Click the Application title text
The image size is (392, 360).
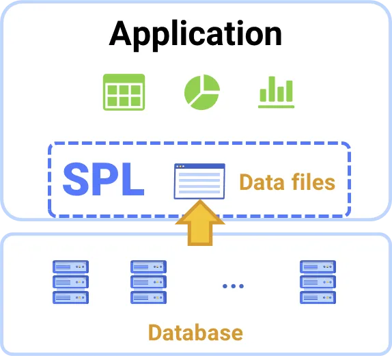[195, 35]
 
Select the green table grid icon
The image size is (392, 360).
[124, 92]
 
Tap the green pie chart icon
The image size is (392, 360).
[202, 92]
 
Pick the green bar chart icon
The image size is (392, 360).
[277, 92]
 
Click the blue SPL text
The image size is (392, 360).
[104, 179]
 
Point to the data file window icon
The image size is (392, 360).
[199, 181]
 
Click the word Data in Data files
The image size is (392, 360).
[262, 182]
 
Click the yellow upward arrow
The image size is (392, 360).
[200, 223]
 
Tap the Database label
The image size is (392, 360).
[195, 333]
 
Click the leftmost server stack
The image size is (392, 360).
[70, 282]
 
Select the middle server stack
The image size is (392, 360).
[148, 282]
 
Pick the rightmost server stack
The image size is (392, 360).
[318, 282]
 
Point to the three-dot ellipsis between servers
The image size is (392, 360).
[234, 286]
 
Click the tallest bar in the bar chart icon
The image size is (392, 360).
[272, 89]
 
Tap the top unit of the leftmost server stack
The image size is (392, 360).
[70, 266]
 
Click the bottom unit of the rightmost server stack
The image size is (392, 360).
[318, 298]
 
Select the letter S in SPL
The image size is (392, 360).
[76, 179]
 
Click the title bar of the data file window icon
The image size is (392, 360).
[199, 166]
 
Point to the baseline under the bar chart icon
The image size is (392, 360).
[277, 107]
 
